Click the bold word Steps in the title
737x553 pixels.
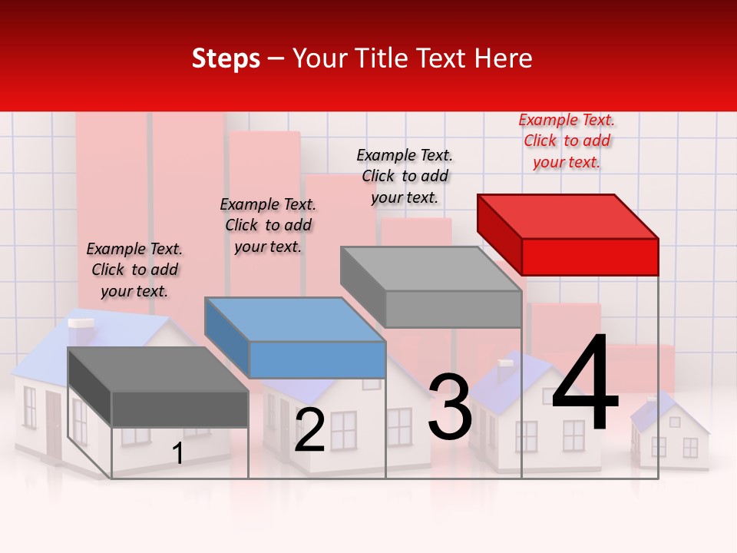pos(226,58)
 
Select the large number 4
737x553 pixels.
pos(585,383)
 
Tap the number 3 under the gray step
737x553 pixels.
pos(450,407)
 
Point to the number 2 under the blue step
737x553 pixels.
pos(310,430)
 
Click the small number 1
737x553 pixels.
pos(177,454)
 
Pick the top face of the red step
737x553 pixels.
pos(568,216)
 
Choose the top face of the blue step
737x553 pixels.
pos(295,319)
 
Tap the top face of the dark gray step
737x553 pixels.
pos(158,369)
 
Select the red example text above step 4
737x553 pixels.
pos(567,141)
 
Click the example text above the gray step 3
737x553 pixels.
pos(405,176)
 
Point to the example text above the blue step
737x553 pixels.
pos(268,225)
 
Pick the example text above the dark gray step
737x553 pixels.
pos(134,270)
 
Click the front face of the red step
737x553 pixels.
pos(590,257)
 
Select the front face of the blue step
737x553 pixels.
pos(317,359)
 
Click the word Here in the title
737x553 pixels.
pos(504,58)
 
